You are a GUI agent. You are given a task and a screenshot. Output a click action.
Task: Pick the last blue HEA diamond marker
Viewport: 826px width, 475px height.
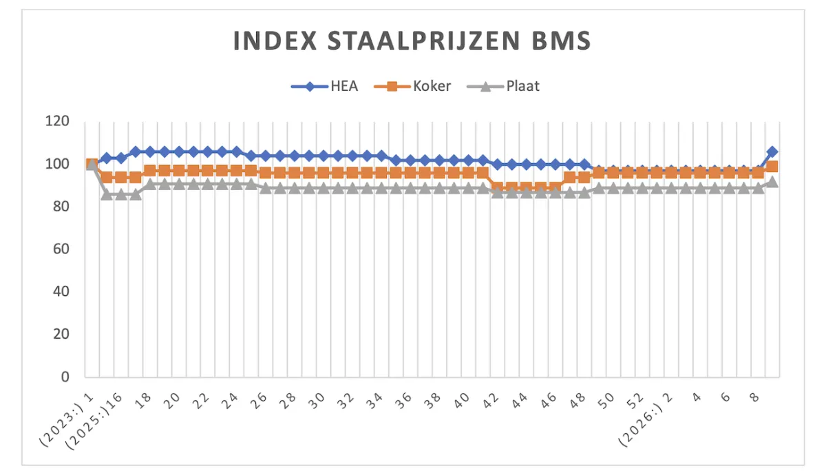[x=772, y=151]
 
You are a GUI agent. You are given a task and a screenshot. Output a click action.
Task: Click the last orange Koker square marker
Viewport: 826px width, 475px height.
[x=772, y=167]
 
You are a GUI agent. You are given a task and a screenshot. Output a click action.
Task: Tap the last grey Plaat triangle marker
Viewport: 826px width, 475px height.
[x=772, y=182]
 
